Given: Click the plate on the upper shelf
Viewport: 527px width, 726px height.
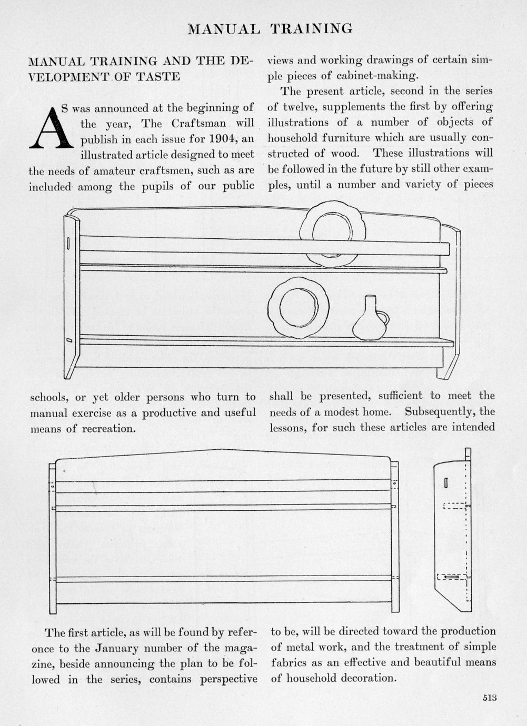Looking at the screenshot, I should tap(332, 232).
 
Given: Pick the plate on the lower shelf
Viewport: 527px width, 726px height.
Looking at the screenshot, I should tap(298, 307).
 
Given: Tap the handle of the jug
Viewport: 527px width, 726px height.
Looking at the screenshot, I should tap(384, 318).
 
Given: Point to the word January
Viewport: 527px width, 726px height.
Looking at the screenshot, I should tap(113, 648).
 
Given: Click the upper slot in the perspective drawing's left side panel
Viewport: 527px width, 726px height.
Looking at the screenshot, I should tap(68, 243).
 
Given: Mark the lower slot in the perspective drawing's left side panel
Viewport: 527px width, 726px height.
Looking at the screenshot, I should tap(69, 341).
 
